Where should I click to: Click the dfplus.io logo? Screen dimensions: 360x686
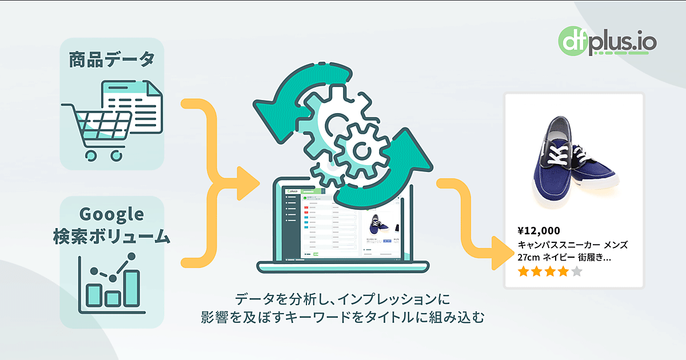pyautogui.click(x=607, y=42)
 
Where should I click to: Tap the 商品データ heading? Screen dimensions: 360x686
pyautogui.click(x=111, y=60)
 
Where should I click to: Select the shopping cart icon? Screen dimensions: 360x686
pyautogui.click(x=97, y=129)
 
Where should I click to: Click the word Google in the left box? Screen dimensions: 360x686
pyautogui.click(x=111, y=215)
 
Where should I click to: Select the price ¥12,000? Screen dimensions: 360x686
pyautogui.click(x=539, y=231)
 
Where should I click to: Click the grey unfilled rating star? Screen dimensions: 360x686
pyautogui.click(x=576, y=271)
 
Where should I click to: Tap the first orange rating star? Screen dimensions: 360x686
pyautogui.click(x=523, y=271)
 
